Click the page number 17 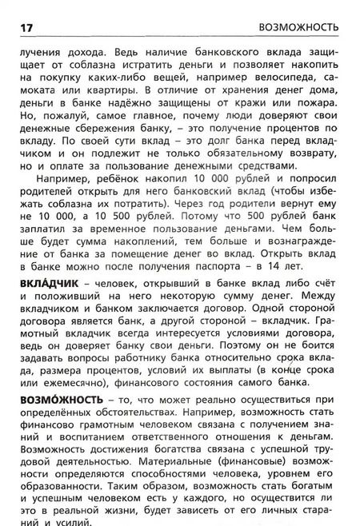pyautogui.click(x=25, y=27)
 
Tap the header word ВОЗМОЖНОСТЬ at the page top pyautogui.click(x=299, y=27)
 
